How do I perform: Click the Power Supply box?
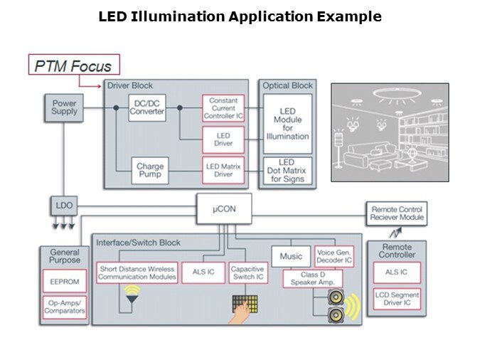[64, 108]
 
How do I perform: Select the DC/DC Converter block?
[147, 108]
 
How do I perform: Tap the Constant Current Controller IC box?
[223, 108]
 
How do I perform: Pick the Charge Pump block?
[150, 171]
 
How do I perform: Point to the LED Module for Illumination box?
[287, 124]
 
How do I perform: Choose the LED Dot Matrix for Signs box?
[287, 171]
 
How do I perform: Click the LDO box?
[64, 207]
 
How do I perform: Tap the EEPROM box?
[65, 282]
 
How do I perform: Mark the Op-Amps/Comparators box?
[65, 307]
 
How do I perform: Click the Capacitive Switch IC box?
[248, 273]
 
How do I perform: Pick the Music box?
[290, 256]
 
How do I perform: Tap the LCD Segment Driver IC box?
[397, 300]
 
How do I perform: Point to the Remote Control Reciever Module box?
[398, 213]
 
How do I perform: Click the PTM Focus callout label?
[74, 66]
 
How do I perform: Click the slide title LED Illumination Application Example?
[240, 16]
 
